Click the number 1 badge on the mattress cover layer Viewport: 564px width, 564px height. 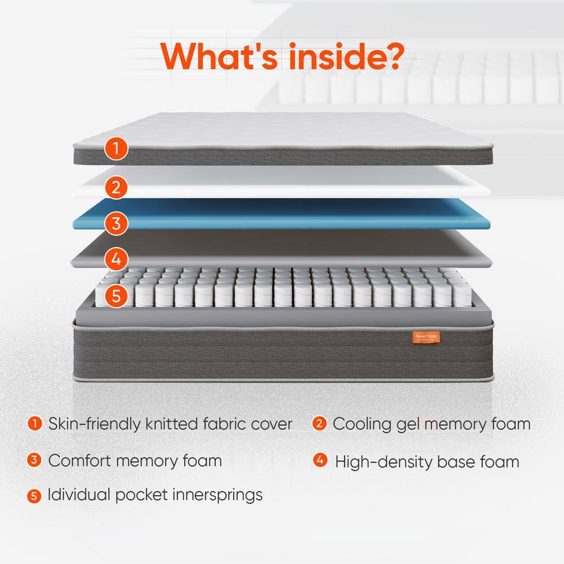point(116,149)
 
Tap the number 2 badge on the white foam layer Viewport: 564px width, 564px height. point(116,187)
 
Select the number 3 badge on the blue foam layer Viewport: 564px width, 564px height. point(116,223)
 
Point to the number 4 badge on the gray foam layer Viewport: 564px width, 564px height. point(116,259)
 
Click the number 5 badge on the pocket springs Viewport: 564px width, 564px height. point(116,296)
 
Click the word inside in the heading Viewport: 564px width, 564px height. point(328,55)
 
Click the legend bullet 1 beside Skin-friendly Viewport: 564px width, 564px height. point(35,423)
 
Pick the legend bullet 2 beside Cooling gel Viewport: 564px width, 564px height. point(320,423)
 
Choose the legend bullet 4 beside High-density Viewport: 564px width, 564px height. point(320,460)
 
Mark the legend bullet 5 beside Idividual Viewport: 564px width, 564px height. point(35,496)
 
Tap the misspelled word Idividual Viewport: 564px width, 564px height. point(78,495)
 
